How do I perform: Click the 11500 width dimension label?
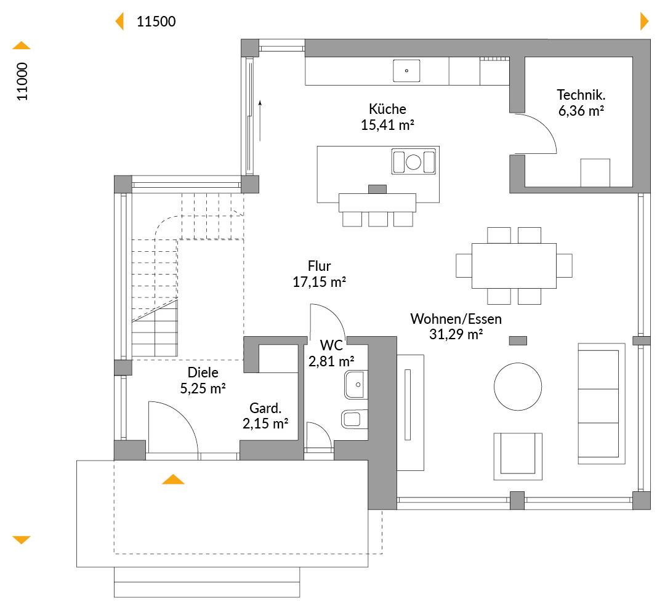[x=156, y=22]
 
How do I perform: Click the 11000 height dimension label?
[x=22, y=81]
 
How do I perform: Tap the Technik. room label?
[x=581, y=95]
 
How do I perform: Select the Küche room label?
[x=387, y=109]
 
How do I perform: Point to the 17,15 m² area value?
[x=320, y=282]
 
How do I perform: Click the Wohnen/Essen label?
[x=456, y=319]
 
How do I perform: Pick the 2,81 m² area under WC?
[x=331, y=361]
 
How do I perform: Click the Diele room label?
[x=203, y=372]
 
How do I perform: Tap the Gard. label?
[x=265, y=408]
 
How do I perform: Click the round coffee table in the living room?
[x=518, y=387]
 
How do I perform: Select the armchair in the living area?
[x=518, y=456]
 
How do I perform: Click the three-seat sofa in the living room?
[x=602, y=403]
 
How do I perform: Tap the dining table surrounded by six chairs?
[x=514, y=266]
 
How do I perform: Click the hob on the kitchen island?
[x=414, y=161]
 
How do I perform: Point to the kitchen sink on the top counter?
[x=406, y=70]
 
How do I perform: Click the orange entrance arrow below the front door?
[x=174, y=480]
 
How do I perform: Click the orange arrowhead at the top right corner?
[x=644, y=21]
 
